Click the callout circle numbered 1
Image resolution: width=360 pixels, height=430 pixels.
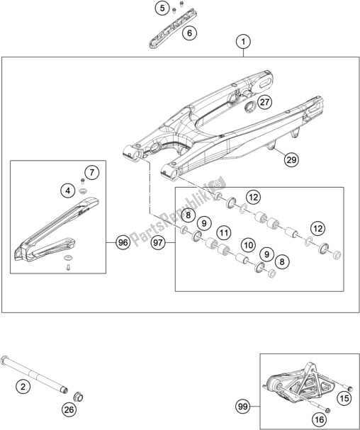pos(243,42)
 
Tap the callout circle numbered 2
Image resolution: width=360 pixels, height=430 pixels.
pos(23,387)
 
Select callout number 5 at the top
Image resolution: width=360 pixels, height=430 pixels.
pos(162,8)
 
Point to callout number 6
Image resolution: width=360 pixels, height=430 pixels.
pos(189,33)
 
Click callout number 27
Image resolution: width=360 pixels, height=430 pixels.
pos(264,102)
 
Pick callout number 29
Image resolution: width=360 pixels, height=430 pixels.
pos(291,159)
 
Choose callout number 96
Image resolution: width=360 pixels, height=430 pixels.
pos(123,242)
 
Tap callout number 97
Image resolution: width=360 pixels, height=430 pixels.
pos(159,242)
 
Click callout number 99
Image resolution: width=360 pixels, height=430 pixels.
pos(243,406)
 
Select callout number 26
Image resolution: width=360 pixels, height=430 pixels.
pos(69,409)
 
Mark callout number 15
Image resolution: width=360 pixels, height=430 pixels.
pos(344,398)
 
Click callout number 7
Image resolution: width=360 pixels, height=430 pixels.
pos(91,172)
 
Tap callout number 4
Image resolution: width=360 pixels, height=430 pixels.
pos(68,190)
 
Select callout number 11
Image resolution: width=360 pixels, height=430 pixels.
pos(224,233)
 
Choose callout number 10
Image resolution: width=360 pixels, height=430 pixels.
pos(248,245)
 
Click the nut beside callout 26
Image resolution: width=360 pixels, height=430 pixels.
pos(78,397)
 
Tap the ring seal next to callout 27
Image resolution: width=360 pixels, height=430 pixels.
pos(249,107)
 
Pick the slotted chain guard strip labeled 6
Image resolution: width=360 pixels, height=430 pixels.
pos(174,29)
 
